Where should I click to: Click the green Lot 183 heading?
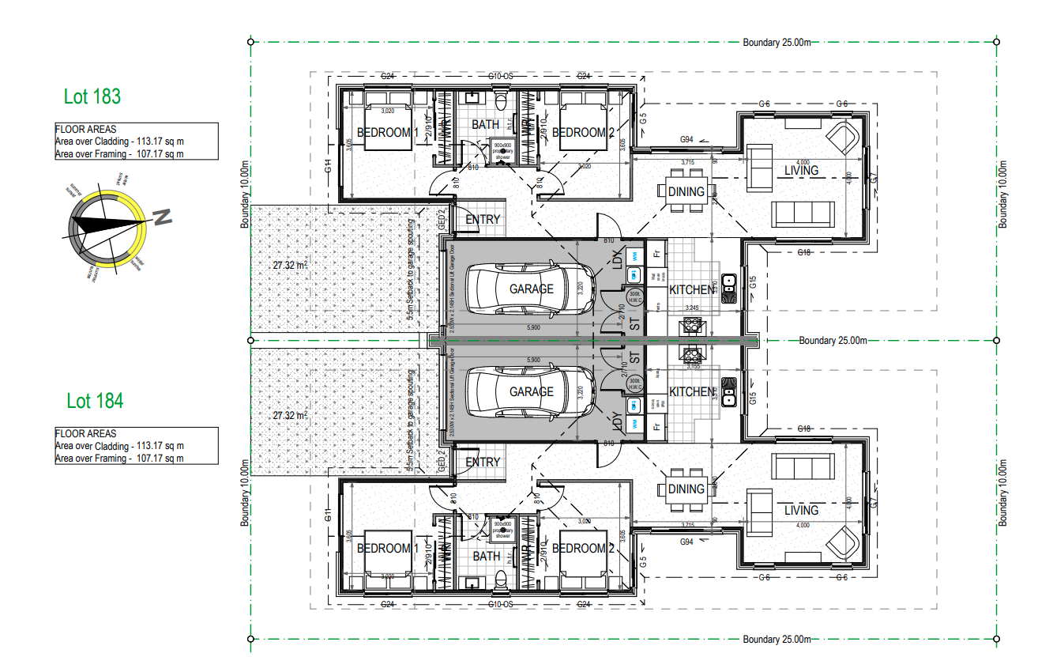[92, 96]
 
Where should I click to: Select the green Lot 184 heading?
[95, 401]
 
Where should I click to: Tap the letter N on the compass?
[163, 217]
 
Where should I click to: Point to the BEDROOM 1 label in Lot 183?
[387, 133]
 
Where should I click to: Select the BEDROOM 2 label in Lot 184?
[583, 548]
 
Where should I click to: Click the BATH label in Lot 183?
[486, 124]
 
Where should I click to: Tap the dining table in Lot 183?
[686, 191]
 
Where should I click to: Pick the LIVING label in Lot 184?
[801, 510]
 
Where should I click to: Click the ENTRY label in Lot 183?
[483, 219]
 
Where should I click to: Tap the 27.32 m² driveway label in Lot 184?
[290, 414]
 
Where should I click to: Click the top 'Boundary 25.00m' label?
[777, 43]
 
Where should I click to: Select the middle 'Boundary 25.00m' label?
[833, 341]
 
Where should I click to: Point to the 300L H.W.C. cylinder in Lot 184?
[634, 384]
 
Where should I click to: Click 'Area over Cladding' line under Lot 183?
[119, 142]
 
